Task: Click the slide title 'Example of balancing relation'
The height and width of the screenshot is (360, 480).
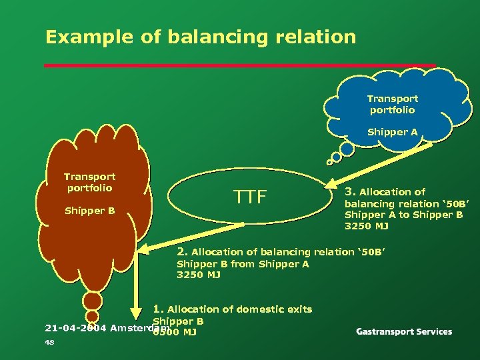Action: click(201, 37)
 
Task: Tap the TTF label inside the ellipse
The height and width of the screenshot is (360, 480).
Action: click(250, 197)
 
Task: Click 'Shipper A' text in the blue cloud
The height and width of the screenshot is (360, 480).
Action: click(393, 132)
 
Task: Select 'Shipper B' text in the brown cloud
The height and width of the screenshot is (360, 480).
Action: click(90, 211)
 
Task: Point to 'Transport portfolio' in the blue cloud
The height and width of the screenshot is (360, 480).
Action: click(393, 104)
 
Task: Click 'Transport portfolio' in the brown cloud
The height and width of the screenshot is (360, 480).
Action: click(90, 182)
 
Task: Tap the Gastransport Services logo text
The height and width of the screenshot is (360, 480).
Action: click(404, 331)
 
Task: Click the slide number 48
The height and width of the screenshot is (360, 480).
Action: click(49, 343)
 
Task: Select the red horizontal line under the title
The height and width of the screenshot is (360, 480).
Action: click(240, 65)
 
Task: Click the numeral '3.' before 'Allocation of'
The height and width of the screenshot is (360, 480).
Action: click(349, 191)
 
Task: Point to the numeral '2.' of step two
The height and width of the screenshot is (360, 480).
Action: click(182, 251)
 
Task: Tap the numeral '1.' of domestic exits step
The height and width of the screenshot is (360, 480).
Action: click(158, 309)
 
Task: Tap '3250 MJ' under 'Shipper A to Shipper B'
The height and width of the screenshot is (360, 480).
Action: click(366, 226)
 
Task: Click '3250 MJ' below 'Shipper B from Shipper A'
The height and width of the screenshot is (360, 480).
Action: click(198, 275)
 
